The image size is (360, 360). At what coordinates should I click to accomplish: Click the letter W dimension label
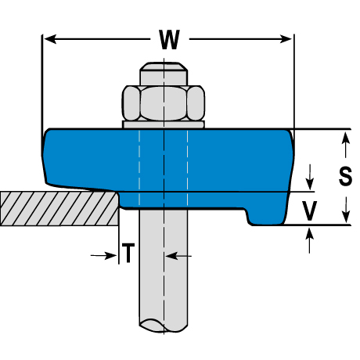point(169,40)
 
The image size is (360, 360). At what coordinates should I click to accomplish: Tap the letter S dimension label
point(345,177)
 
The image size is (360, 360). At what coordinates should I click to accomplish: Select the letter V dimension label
point(309,211)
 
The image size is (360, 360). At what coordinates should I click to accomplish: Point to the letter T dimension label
point(128,253)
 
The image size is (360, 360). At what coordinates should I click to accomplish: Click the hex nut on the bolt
point(164,103)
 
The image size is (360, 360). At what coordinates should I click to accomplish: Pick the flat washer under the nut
point(164,124)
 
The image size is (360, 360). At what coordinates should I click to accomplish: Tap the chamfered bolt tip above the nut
point(164,74)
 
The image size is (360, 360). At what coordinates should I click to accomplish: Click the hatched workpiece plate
point(59,209)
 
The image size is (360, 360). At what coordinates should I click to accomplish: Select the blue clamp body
point(167,167)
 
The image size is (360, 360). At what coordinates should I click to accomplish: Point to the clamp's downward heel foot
point(266,217)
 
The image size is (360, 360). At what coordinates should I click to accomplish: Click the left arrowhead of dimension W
point(50,39)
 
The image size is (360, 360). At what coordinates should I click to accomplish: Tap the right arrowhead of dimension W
point(286,39)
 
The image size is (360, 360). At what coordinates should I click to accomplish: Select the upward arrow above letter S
point(346,145)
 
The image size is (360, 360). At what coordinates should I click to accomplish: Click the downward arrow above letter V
point(310,177)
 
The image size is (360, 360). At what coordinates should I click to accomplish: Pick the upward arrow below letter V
point(310,240)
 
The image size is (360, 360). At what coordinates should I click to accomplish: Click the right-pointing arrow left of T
point(103,256)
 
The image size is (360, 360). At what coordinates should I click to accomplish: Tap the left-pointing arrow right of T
point(178,256)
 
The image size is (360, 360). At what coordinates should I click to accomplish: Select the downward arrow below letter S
point(346,210)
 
